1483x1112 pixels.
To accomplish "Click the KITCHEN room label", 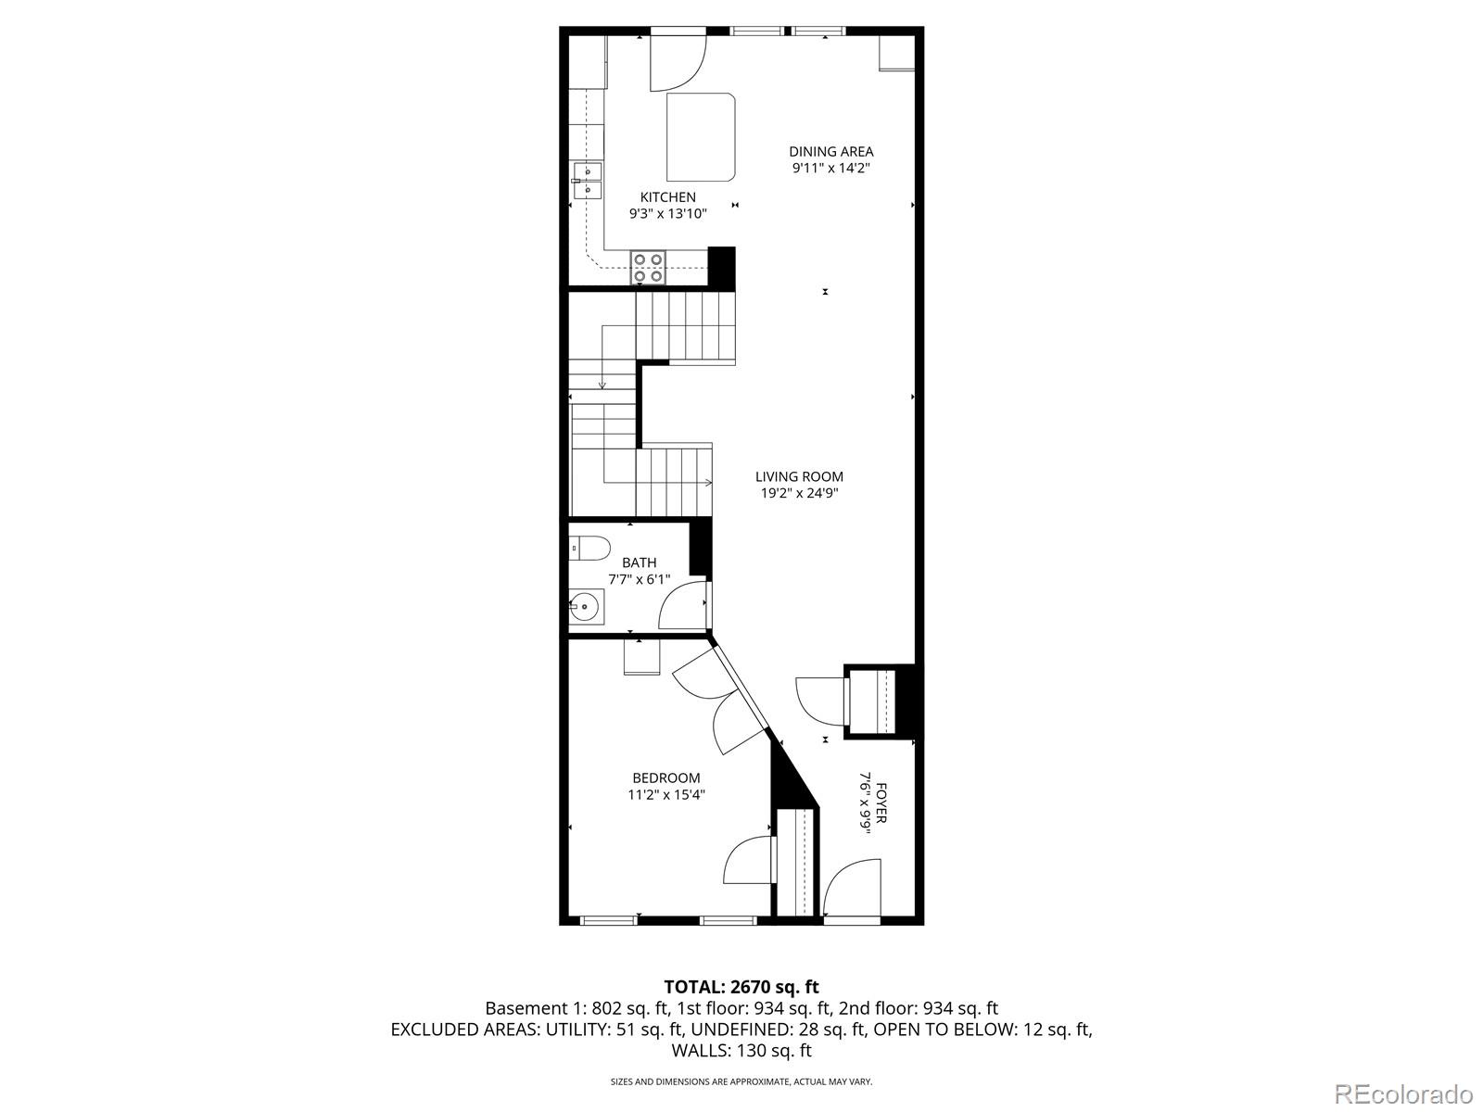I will [667, 197].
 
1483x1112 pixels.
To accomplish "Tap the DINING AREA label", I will [830, 152].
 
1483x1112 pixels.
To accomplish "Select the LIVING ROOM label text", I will [799, 477].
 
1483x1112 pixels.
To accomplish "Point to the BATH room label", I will [639, 562].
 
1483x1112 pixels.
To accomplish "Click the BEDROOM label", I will [665, 778].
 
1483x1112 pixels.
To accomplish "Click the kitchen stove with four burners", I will [648, 267].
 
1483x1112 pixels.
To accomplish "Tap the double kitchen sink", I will [587, 181].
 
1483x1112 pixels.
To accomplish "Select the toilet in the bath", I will [589, 550].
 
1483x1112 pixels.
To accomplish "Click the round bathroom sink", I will [586, 608].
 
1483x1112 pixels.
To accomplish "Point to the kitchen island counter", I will [702, 137].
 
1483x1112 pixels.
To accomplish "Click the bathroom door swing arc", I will [680, 608].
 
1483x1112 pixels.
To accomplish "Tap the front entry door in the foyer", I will [851, 890].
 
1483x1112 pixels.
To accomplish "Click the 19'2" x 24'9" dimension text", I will [799, 494].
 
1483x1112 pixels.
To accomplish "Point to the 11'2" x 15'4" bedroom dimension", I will [665, 795].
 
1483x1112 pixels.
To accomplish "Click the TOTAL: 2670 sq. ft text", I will [741, 987].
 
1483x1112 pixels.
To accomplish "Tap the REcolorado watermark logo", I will [1405, 1093].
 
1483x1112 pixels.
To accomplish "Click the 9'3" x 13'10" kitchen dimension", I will [667, 214].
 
